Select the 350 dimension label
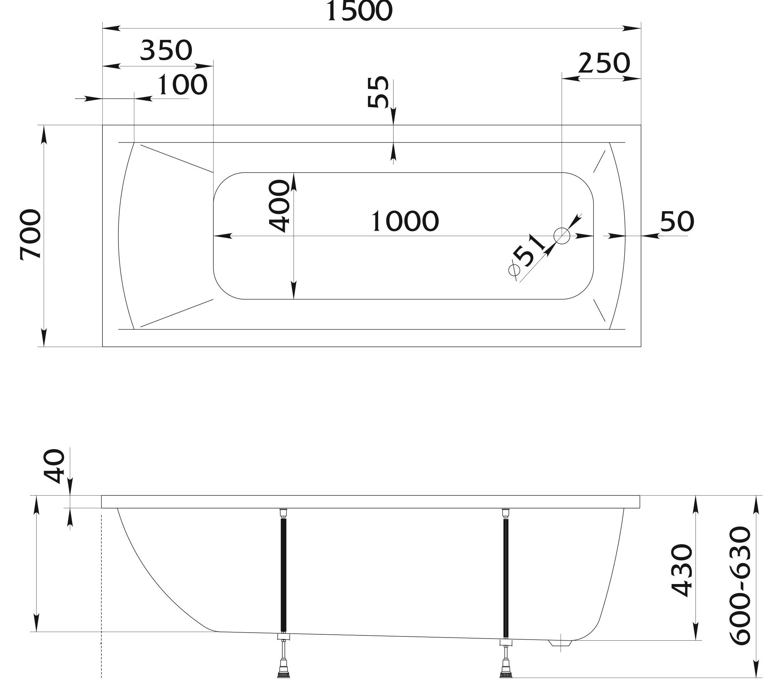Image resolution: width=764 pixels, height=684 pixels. pyautogui.click(x=166, y=50)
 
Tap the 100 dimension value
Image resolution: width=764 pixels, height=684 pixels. pyautogui.click(x=182, y=85)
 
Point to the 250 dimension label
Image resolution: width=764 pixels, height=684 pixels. pyautogui.click(x=604, y=63)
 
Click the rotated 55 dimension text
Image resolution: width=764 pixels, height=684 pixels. pyautogui.click(x=378, y=92)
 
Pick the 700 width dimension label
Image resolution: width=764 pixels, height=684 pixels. pyautogui.click(x=30, y=234)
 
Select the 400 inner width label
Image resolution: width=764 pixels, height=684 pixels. pyautogui.click(x=280, y=206)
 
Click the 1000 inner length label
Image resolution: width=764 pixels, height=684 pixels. pyautogui.click(x=405, y=221)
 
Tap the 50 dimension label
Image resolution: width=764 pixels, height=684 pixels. pyautogui.click(x=677, y=221)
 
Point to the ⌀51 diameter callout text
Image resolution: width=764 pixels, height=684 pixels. pyautogui.click(x=526, y=254)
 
